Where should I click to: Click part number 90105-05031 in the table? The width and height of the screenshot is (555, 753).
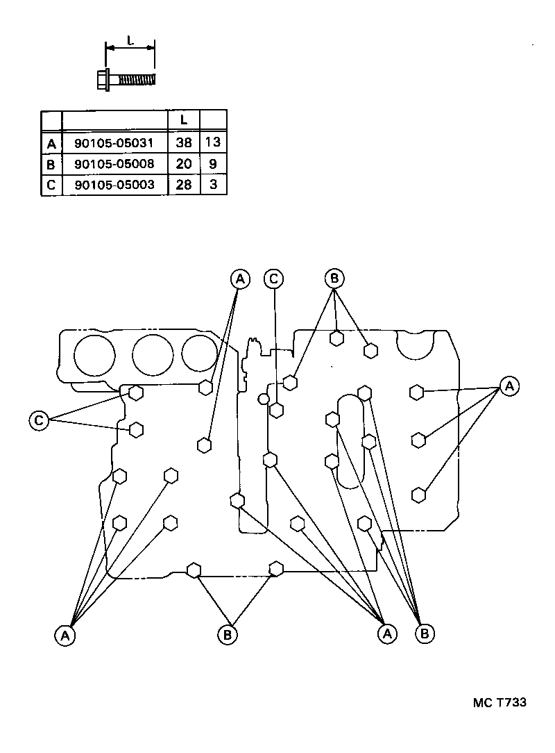click(x=115, y=143)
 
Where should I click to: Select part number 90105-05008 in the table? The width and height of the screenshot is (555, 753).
click(x=115, y=165)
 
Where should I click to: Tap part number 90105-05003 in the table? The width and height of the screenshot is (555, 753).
click(x=115, y=185)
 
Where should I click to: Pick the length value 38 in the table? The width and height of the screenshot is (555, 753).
click(x=184, y=143)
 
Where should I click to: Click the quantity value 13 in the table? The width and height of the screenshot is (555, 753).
click(x=213, y=143)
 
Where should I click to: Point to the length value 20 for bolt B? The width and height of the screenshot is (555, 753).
click(x=184, y=165)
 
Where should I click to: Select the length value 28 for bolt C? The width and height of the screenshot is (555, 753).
click(x=184, y=185)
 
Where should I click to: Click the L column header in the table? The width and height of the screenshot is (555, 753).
click(x=184, y=120)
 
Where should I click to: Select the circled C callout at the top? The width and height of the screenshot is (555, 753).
click(x=273, y=279)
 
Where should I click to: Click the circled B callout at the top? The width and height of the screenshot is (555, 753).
click(x=334, y=279)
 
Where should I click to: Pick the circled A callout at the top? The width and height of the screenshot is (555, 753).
click(x=239, y=279)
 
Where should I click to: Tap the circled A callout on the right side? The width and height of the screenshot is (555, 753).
click(x=509, y=386)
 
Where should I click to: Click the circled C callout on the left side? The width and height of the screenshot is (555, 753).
click(x=40, y=420)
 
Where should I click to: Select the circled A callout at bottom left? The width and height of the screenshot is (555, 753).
click(x=65, y=635)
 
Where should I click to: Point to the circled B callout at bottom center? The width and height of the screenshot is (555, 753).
click(x=227, y=634)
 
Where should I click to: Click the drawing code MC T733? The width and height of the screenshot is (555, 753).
click(x=499, y=702)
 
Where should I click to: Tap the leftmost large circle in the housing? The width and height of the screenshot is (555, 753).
click(x=94, y=355)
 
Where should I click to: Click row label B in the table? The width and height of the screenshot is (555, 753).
click(x=51, y=165)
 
